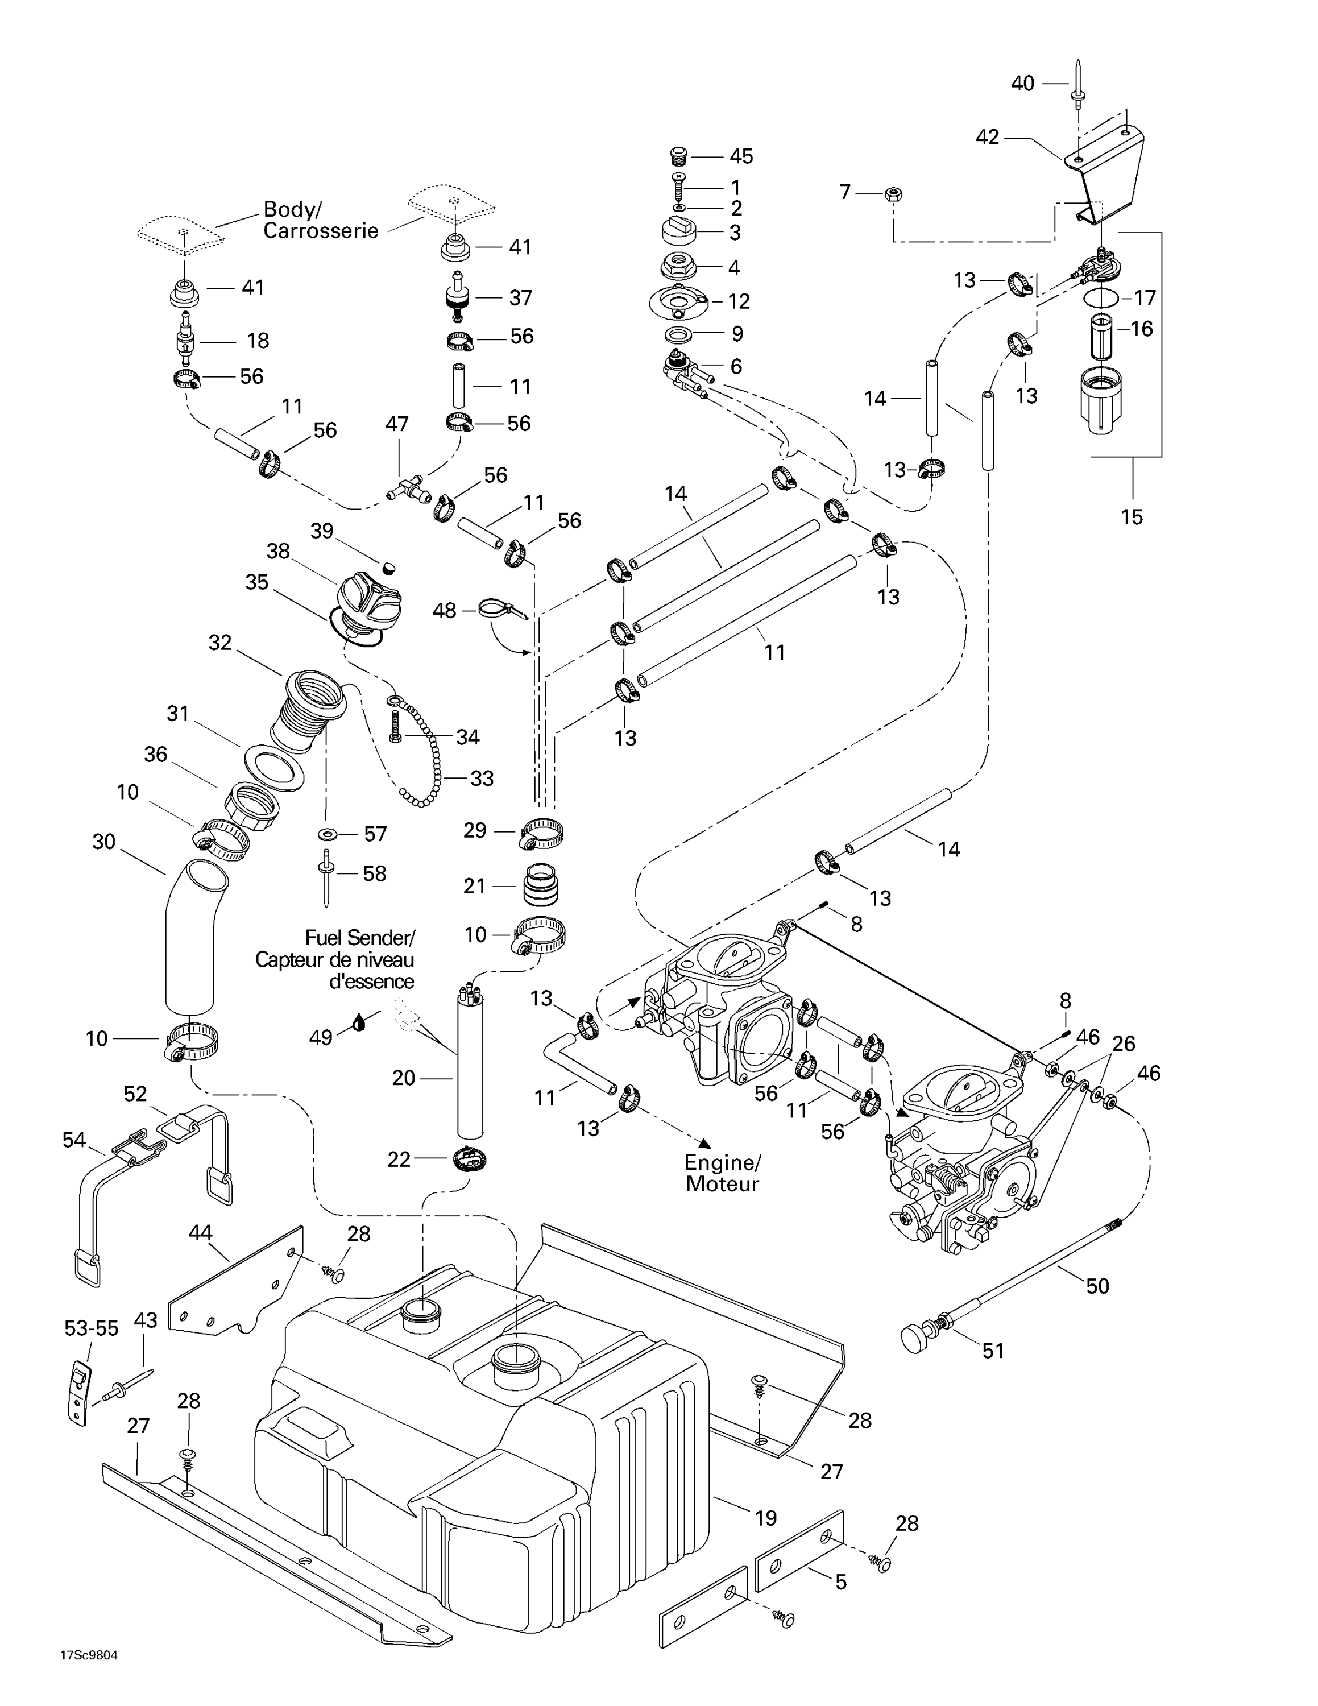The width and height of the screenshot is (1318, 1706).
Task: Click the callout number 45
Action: click(740, 156)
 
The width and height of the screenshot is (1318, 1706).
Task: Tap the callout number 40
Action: click(1022, 83)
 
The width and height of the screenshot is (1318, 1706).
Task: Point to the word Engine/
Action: click(722, 1162)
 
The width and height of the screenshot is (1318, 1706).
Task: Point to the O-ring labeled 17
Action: click(1102, 297)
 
